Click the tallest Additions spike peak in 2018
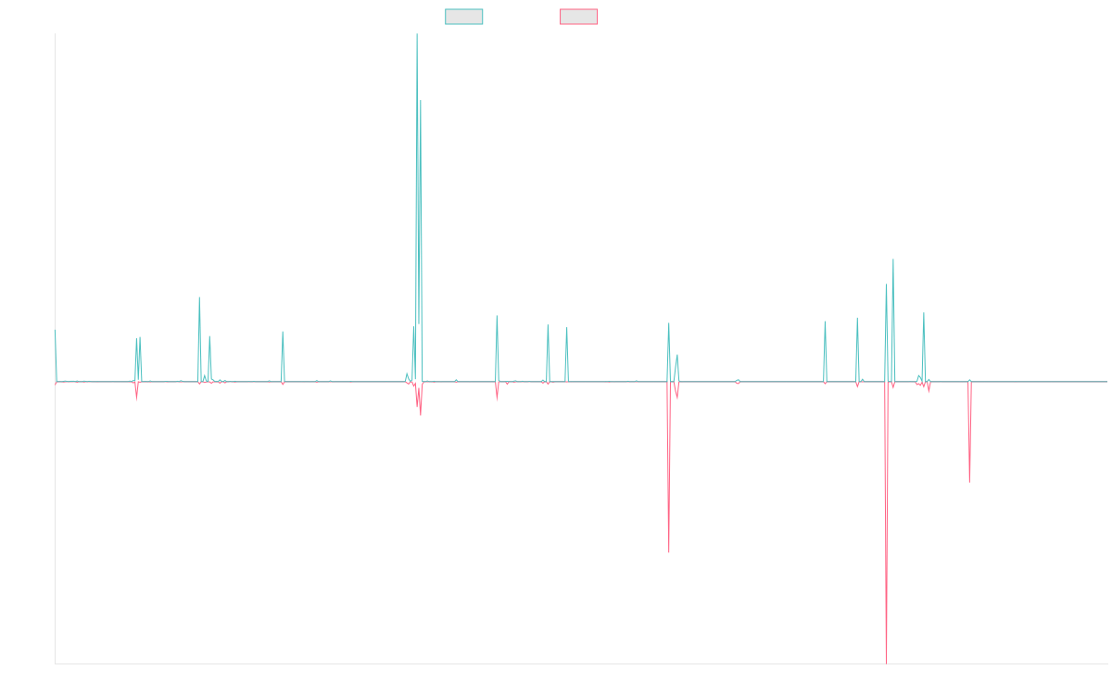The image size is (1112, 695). coord(417,35)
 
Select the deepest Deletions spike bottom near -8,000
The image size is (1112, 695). coord(887,663)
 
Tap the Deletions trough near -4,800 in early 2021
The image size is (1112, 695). coord(669,552)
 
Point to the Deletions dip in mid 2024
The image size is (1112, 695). coord(969,481)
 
